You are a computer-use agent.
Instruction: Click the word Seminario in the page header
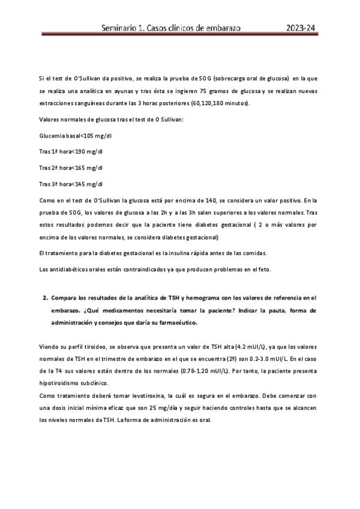click(121, 28)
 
